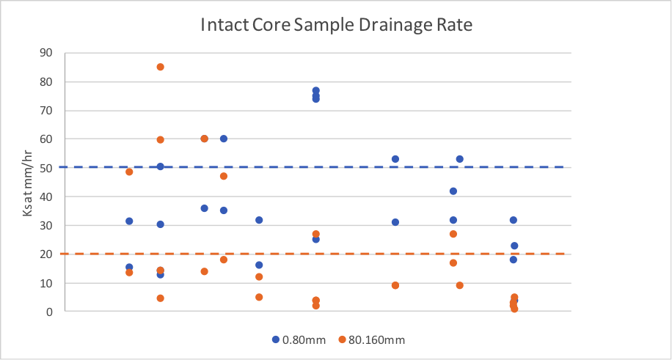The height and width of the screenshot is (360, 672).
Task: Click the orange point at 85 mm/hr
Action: (x=160, y=67)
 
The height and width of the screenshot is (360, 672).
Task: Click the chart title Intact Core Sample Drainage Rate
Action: (x=337, y=26)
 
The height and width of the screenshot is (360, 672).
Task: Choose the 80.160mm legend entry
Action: (x=371, y=339)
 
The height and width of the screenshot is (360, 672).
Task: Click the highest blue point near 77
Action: (x=315, y=91)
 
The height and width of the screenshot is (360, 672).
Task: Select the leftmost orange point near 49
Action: (x=129, y=172)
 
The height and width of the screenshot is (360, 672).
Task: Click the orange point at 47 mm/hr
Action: (x=223, y=176)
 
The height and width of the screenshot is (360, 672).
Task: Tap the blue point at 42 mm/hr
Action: (x=453, y=191)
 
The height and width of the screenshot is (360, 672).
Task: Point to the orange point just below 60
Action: (x=160, y=139)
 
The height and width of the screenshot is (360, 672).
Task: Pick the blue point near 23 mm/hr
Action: (x=514, y=246)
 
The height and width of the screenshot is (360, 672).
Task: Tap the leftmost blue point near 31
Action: (x=129, y=221)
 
